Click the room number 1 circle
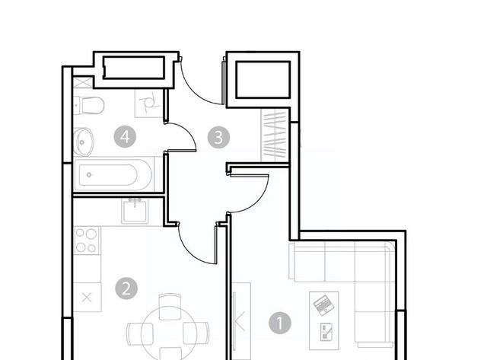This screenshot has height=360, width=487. point(280,323)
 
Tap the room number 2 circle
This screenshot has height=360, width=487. point(126,288)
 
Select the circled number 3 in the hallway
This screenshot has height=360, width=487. point(218,137)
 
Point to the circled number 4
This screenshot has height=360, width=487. point(125,136)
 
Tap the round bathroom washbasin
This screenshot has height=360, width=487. point(83,142)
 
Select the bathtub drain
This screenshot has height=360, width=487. point(89,175)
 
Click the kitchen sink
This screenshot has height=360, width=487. point(135,212)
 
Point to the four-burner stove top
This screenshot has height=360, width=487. point(87,241)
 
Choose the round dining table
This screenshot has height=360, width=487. point(169,333)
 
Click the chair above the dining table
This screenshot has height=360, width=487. point(170,307)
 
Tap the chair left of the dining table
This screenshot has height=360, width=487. point(140,333)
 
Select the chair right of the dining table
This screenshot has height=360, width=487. point(196,333)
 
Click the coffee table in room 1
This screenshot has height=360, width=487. point(324,321)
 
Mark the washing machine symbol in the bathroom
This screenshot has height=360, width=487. point(149,104)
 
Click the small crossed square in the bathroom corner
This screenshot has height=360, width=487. point(82,83)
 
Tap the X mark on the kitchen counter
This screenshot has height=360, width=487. point(87,298)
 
